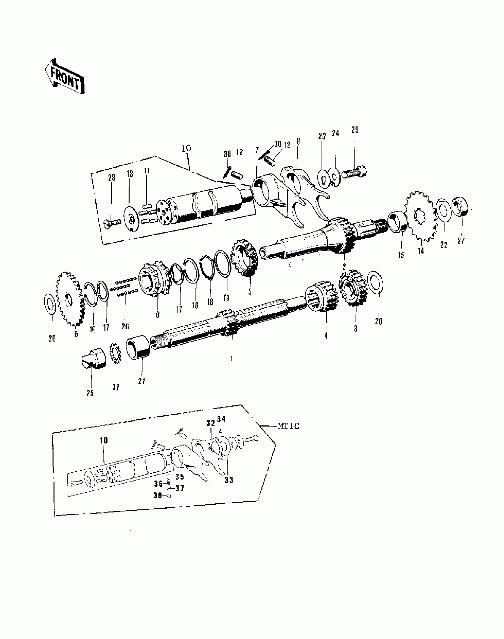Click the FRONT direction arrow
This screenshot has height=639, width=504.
click(65, 77)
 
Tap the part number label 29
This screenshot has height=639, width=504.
click(355, 130)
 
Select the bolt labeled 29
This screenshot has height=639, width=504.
click(354, 172)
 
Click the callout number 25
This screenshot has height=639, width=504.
click(90, 393)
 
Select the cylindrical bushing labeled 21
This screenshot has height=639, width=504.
click(138, 347)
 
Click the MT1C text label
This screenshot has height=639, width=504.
click(288, 426)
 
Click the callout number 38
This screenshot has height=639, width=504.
click(157, 495)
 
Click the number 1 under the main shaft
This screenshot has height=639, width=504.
click(232, 359)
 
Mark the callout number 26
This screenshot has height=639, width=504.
click(125, 326)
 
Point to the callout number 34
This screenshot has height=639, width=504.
click(221, 419)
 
